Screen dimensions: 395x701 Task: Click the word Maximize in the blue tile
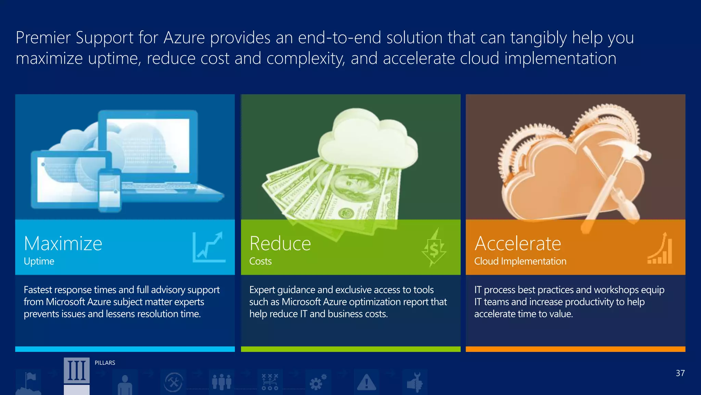tap(63, 243)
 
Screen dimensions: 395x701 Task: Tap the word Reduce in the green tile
tap(280, 243)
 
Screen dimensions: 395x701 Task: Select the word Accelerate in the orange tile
tap(518, 243)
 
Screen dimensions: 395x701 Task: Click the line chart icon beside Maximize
tap(209, 247)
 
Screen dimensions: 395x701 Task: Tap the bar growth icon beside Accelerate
tap(660, 249)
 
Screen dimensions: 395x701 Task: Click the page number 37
tap(680, 373)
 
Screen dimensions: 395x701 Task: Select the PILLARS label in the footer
tap(105, 363)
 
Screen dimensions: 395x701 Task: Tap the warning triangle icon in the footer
tap(366, 382)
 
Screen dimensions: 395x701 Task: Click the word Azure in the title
tap(184, 38)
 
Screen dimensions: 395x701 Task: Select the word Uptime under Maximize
tap(39, 261)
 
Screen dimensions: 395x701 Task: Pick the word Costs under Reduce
tap(260, 261)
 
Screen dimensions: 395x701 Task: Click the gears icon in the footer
tap(318, 382)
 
